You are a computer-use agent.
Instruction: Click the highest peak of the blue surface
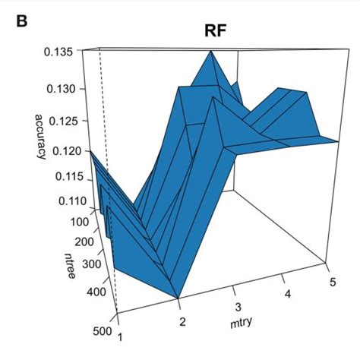210,55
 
